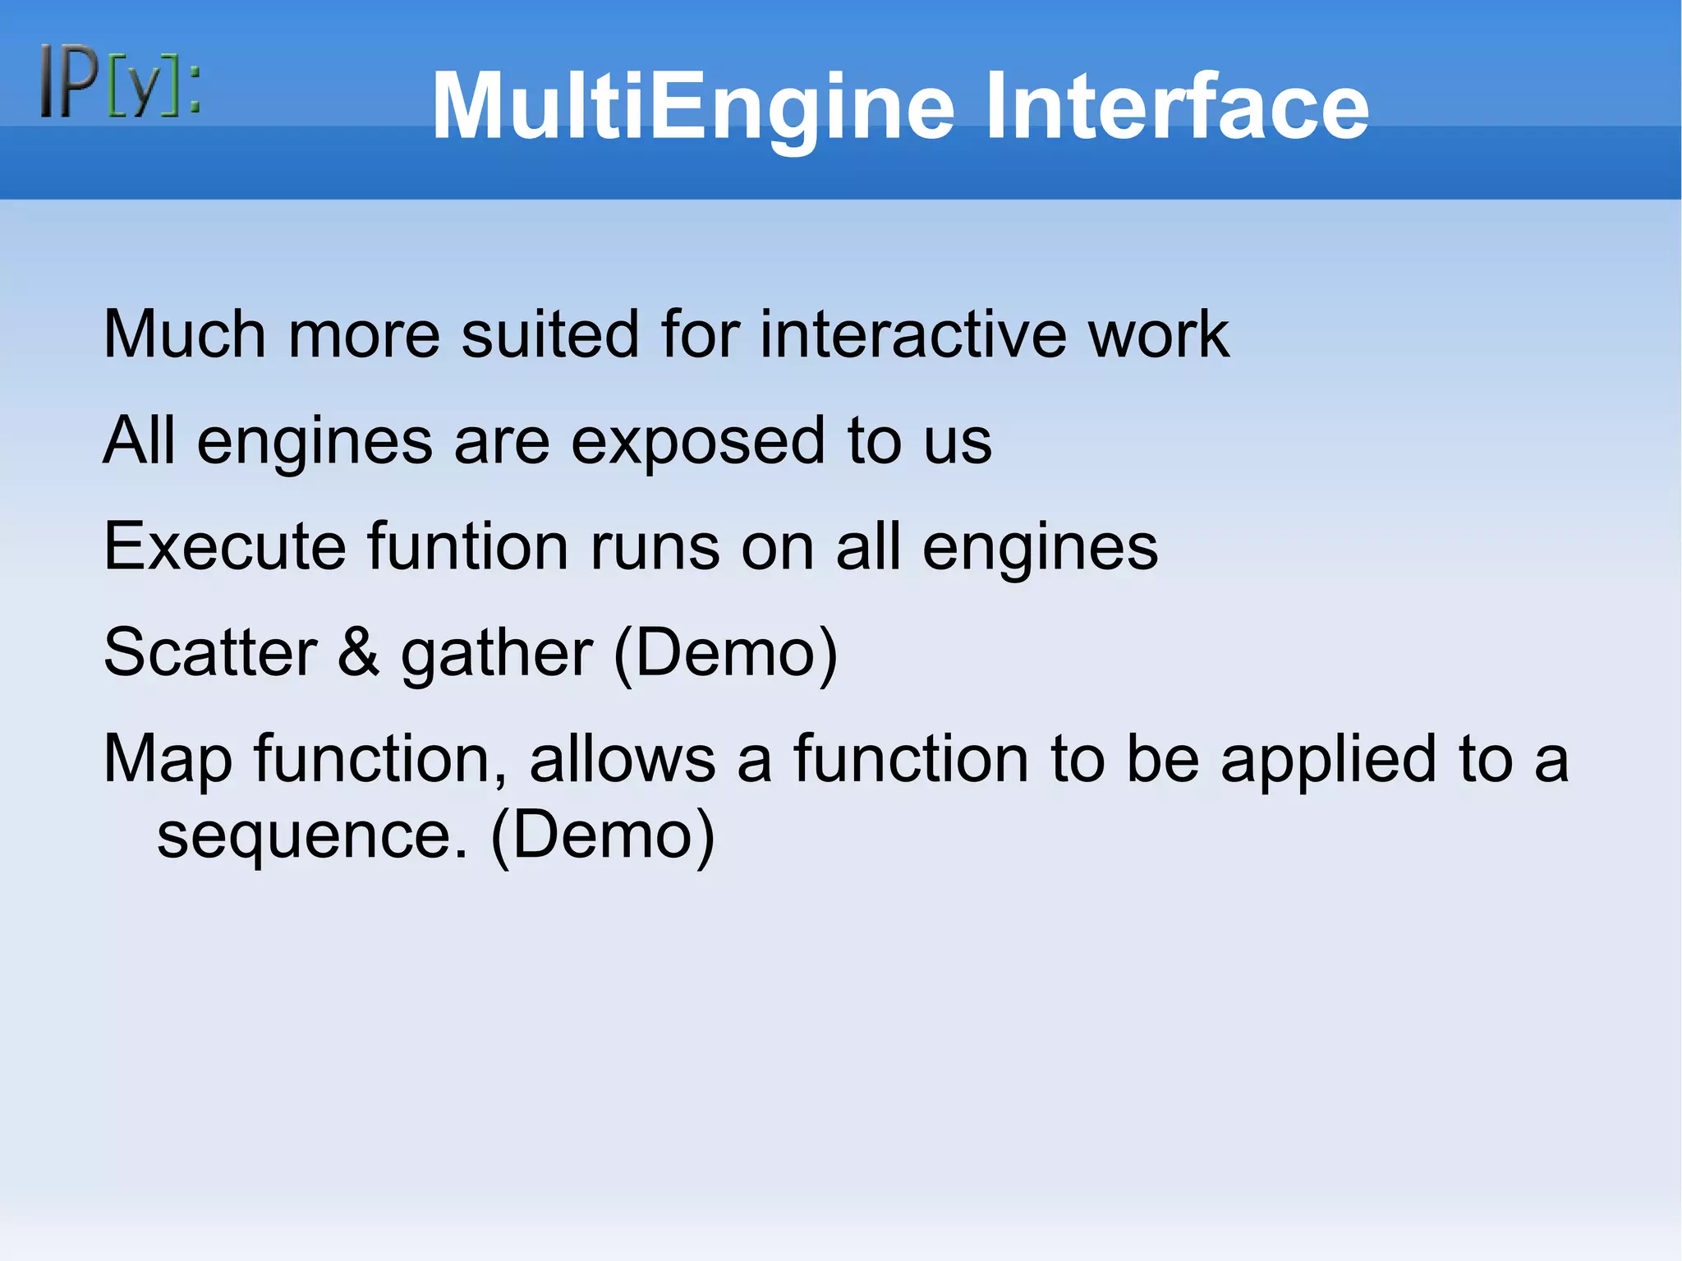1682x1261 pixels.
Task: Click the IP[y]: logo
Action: pos(120,81)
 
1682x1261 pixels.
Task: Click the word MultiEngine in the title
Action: pos(692,107)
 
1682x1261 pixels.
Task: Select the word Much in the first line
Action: pos(185,334)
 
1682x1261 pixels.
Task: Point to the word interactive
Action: pos(912,334)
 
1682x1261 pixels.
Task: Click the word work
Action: pos(1158,334)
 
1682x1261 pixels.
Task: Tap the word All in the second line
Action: pos(139,440)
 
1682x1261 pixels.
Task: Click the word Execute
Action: pos(224,547)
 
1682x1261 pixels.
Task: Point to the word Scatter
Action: pos(210,653)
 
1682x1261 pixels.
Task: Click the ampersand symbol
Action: pos(359,653)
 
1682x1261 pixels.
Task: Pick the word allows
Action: pos(623,758)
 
